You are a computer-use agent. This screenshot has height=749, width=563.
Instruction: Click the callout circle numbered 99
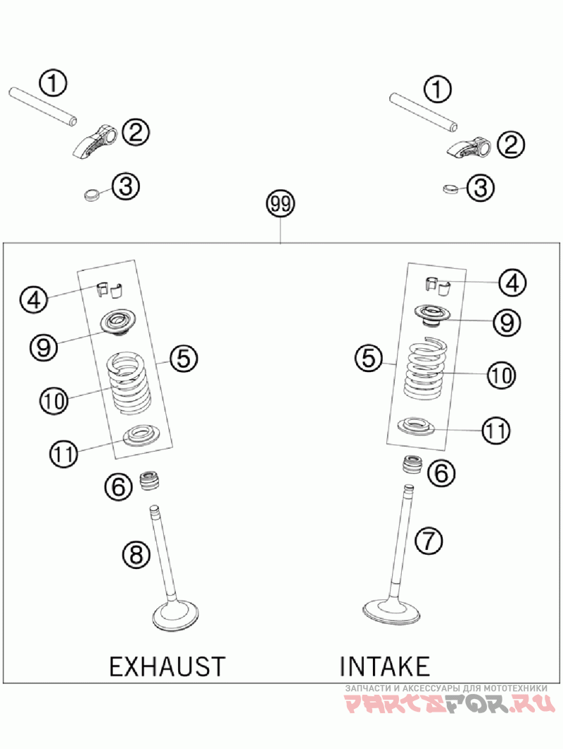[x=280, y=205]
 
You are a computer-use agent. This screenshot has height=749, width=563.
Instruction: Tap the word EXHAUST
[x=167, y=665]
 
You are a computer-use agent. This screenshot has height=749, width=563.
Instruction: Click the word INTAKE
[x=384, y=665]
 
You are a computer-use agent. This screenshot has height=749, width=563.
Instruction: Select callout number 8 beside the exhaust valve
[x=137, y=555]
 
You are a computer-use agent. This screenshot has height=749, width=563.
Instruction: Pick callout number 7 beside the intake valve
[x=429, y=540]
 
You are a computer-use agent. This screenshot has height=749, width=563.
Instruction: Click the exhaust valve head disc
[x=176, y=618]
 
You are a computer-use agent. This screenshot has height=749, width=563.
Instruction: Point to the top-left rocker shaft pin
[x=43, y=106]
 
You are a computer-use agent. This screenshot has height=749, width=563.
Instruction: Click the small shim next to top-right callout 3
[x=449, y=188]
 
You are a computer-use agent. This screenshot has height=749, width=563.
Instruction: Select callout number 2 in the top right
[x=510, y=145]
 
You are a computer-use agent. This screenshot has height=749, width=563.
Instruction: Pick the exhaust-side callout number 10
[x=53, y=401]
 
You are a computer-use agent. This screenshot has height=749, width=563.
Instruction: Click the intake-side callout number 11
[x=496, y=430]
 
